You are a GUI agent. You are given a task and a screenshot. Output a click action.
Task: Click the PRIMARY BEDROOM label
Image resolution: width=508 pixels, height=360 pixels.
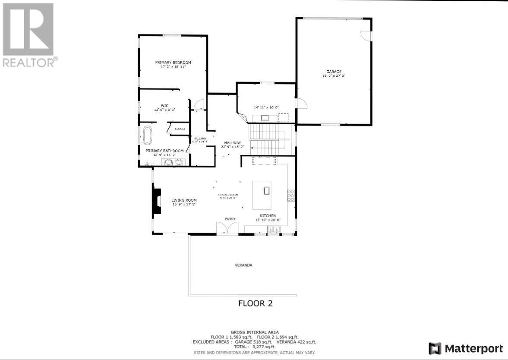click(x=173, y=63)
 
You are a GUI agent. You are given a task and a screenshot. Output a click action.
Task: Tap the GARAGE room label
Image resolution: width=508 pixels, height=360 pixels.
click(x=334, y=72)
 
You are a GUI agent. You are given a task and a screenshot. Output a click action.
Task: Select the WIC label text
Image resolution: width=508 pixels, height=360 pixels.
click(x=164, y=105)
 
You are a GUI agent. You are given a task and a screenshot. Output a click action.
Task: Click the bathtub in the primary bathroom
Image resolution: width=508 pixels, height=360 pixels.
click(x=148, y=136)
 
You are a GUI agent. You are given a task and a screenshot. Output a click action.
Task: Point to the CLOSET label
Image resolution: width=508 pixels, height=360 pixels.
click(x=180, y=129)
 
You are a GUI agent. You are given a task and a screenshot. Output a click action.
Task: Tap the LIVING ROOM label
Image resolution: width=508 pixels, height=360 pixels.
click(x=184, y=200)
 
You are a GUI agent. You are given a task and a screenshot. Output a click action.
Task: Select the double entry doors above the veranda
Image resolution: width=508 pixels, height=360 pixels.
click(x=227, y=227)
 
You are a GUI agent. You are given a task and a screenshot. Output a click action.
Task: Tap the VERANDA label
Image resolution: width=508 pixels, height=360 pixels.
click(x=243, y=265)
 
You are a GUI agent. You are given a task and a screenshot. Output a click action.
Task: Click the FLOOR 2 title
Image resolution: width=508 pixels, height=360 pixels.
click(x=255, y=303)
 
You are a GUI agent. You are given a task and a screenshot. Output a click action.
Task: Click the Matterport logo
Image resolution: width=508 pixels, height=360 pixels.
click(x=466, y=348)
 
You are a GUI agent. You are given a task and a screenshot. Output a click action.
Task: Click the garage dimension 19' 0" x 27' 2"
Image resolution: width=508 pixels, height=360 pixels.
click(x=334, y=76)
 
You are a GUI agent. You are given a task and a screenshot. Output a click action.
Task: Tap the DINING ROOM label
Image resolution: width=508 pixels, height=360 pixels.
click(x=228, y=195)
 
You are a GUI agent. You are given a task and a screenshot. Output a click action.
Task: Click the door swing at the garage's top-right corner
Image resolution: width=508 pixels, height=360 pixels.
click(x=366, y=36)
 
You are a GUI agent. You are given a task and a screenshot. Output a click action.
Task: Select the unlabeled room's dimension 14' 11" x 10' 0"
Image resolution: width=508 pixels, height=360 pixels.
click(x=266, y=107)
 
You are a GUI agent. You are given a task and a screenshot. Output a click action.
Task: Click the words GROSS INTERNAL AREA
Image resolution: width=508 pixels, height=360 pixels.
click(x=254, y=332)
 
